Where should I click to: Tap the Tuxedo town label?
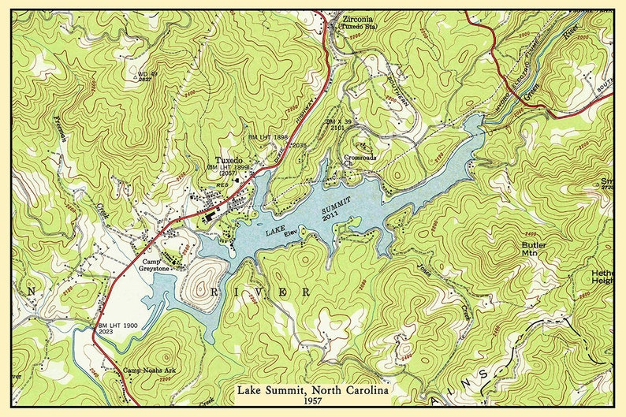(x=228, y=159)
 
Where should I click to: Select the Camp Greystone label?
(x=157, y=265)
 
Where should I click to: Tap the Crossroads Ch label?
(x=360, y=160)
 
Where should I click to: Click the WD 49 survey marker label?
(x=147, y=74)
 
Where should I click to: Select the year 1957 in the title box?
(x=312, y=403)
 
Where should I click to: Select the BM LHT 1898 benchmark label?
(x=268, y=137)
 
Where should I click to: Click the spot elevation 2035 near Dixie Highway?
(x=299, y=146)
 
